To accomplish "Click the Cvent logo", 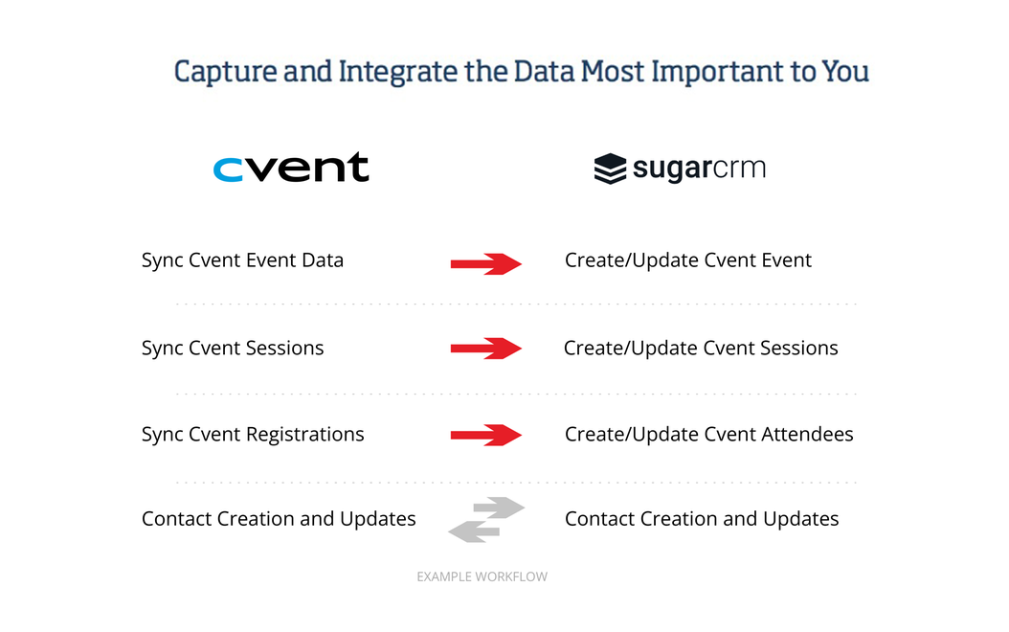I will pyautogui.click(x=291, y=168).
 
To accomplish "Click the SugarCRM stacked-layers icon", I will pyautogui.click(x=610, y=169).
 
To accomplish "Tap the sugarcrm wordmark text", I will pyautogui.click(x=699, y=169).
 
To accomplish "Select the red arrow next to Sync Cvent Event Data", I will pyautogui.click(x=486, y=263).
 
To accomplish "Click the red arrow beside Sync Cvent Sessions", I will pyautogui.click(x=486, y=349).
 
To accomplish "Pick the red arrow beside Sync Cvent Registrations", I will pyautogui.click(x=486, y=436).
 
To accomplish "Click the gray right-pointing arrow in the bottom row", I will pyautogui.click(x=499, y=508).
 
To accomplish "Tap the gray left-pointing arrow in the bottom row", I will pyautogui.click(x=474, y=530).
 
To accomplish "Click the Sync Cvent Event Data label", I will pyautogui.click(x=242, y=260).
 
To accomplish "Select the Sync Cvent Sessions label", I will pyautogui.click(x=233, y=349).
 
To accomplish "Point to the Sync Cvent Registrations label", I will pyautogui.click(x=253, y=435).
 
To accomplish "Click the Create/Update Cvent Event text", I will pyautogui.click(x=687, y=260).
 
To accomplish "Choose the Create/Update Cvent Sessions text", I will pyautogui.click(x=701, y=349).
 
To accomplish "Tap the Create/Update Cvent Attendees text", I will pyautogui.click(x=708, y=435).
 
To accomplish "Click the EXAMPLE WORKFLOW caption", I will pyautogui.click(x=482, y=576).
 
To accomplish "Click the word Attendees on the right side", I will pyautogui.click(x=807, y=435).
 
